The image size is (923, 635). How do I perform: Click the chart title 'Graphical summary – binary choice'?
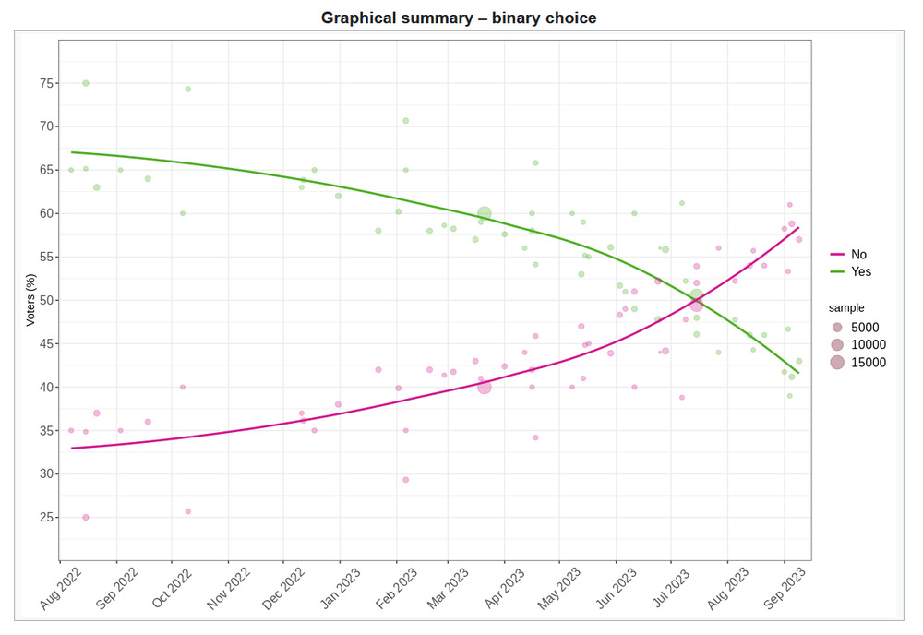pyautogui.click(x=459, y=18)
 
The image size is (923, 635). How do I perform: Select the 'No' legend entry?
pyautogui.click(x=858, y=255)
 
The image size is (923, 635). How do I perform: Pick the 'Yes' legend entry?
pyautogui.click(x=860, y=271)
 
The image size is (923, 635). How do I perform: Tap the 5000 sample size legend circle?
pyautogui.click(x=837, y=328)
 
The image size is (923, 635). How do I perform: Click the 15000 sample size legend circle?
pyautogui.click(x=837, y=363)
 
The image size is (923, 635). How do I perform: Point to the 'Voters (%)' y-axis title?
pyautogui.click(x=30, y=300)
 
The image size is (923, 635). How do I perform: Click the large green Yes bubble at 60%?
pyautogui.click(x=485, y=213)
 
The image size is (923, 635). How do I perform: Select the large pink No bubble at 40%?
pyautogui.click(x=485, y=388)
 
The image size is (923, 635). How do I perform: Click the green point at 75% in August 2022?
pyautogui.click(x=86, y=83)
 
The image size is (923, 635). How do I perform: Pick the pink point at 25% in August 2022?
pyautogui.click(x=86, y=518)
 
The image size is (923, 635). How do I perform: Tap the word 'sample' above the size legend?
pyautogui.click(x=846, y=308)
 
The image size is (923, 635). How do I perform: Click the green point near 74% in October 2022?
pyautogui.click(x=188, y=90)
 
